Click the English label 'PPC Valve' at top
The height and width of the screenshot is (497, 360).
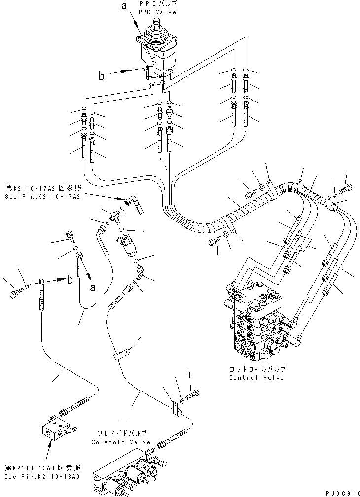click(x=157, y=12)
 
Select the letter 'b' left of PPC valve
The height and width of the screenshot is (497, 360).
click(x=101, y=76)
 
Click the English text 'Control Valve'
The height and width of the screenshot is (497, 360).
click(x=256, y=377)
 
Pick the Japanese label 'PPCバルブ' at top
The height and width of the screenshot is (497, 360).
click(x=157, y=4)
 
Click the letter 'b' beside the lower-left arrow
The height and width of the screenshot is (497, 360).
click(x=70, y=280)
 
